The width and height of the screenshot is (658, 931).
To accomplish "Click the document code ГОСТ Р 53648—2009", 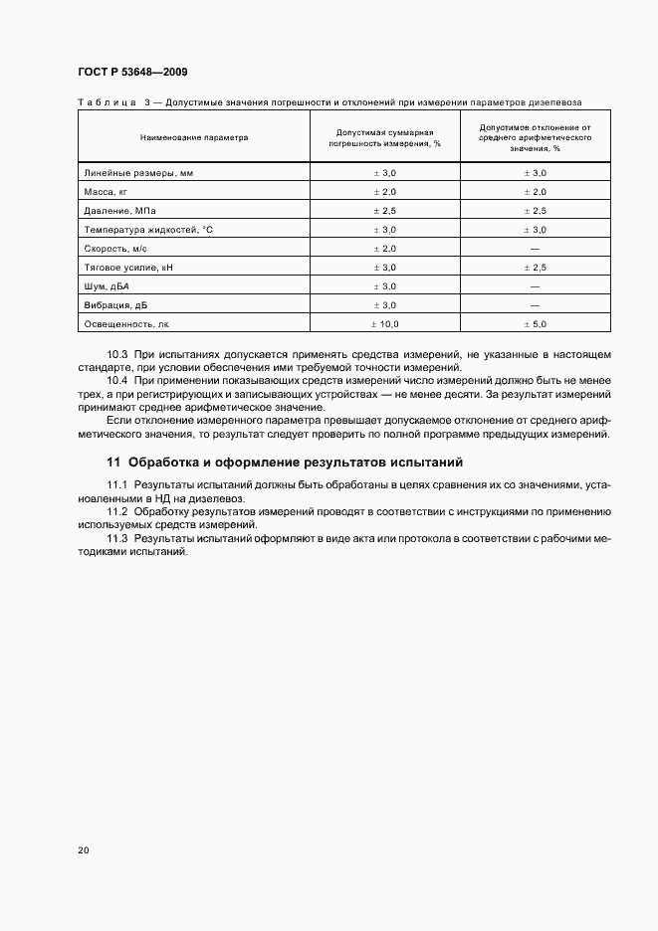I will click(x=132, y=73).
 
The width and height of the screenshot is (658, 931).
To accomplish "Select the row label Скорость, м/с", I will click(x=115, y=248).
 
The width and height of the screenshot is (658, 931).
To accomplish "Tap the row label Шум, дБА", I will click(x=107, y=285).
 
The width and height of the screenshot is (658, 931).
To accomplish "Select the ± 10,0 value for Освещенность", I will click(x=384, y=323).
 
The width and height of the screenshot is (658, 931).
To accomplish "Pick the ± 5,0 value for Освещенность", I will click(x=536, y=323).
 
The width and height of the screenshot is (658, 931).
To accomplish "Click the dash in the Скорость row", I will click(x=536, y=248).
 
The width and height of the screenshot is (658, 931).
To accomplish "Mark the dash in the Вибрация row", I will click(x=536, y=304).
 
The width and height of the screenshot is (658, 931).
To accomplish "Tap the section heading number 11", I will click(x=112, y=462).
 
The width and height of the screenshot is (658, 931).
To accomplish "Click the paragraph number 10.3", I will click(x=117, y=354).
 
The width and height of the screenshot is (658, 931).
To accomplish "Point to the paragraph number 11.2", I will click(x=117, y=510).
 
